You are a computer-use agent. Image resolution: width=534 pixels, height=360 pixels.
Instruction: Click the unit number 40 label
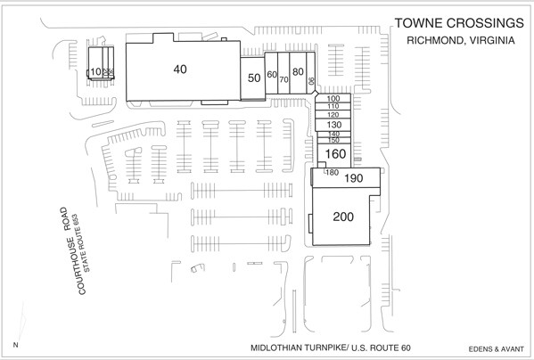click(180, 69)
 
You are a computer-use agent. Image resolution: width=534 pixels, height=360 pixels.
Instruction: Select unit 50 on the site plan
click(254, 78)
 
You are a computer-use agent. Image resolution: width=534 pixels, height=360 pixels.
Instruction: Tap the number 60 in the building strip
click(272, 75)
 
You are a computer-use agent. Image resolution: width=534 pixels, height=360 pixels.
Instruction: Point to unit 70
click(283, 79)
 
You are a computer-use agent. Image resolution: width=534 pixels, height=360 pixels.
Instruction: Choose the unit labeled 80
click(299, 71)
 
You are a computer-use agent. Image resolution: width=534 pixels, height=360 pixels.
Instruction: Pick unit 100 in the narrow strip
click(334, 98)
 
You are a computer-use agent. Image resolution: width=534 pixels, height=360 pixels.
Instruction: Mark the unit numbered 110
click(334, 106)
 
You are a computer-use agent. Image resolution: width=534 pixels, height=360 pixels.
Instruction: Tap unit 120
click(334, 115)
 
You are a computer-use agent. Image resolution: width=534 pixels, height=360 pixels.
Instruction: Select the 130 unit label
click(334, 125)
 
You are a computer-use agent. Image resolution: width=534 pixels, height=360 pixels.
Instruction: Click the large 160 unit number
click(335, 154)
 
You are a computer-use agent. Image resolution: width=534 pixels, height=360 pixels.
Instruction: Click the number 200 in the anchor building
click(343, 217)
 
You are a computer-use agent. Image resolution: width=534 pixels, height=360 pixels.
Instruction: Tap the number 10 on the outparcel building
click(94, 71)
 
